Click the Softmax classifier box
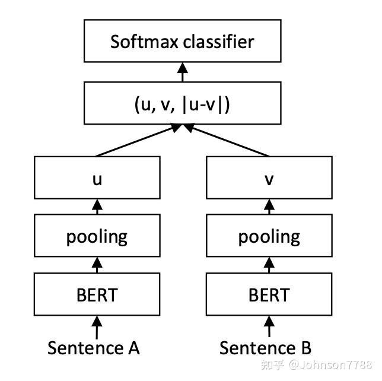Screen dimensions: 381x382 [182, 42]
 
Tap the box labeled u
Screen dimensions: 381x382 [97, 177]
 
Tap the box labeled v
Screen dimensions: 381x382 [268, 177]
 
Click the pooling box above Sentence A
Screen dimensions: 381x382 [97, 236]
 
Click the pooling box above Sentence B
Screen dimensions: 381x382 [268, 236]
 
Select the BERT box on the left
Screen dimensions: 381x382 [97, 294]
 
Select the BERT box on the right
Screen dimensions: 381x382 [268, 294]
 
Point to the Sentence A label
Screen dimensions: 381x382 [94, 347]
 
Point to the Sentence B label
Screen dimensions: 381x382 [265, 347]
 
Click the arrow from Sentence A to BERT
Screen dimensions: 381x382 [97, 326]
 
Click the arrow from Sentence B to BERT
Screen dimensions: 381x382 [268, 326]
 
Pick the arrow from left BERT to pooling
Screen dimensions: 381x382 [97, 265]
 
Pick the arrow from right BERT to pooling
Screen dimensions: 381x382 [268, 265]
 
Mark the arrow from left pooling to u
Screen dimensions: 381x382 [97, 207]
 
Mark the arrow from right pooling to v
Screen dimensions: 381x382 [268, 207]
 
